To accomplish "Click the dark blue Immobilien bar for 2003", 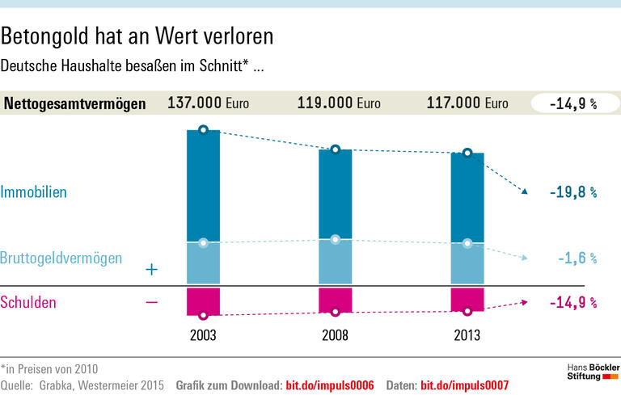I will click(203, 186).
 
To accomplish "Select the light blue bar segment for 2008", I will click(335, 262).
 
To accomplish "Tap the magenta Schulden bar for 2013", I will click(467, 299).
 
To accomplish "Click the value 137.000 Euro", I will click(208, 103).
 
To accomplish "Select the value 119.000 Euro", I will click(339, 103).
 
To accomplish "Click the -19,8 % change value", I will click(572, 192).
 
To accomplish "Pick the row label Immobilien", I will click(33, 192).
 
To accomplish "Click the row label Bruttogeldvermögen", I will click(61, 258).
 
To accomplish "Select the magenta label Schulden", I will click(28, 302).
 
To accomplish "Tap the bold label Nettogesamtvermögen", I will click(75, 103).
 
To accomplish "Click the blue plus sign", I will click(150, 270).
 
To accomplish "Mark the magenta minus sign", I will click(150, 302).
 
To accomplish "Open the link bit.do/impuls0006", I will click(330, 384).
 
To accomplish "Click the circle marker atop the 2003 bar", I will click(203, 129).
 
